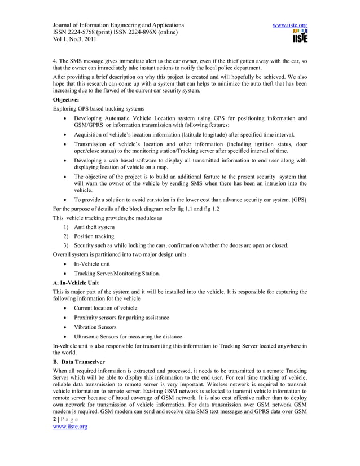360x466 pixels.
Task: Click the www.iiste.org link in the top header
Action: pos(289,25)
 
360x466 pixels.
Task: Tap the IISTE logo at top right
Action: pos(299,38)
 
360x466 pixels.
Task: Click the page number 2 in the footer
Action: pos(54,434)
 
